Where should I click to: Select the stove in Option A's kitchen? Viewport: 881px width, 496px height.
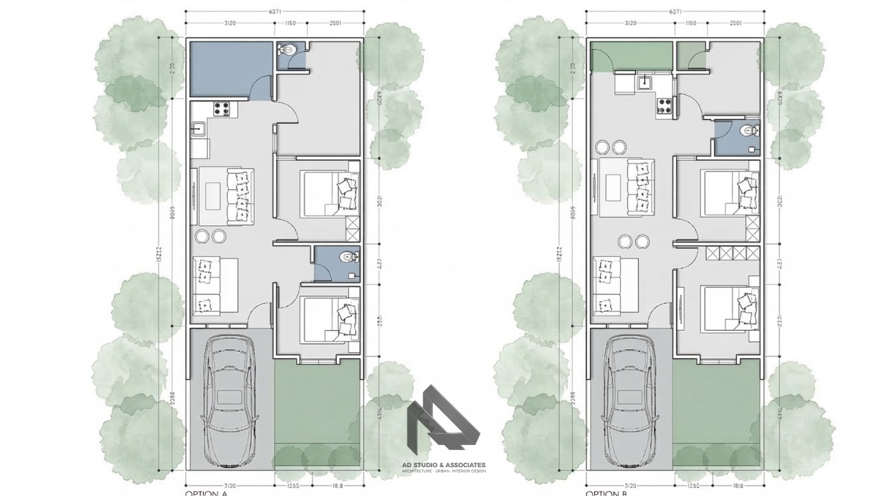coord(222,108)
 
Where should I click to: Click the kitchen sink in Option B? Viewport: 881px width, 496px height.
coord(646,83)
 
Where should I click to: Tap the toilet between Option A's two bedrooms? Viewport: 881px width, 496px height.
coord(348,258)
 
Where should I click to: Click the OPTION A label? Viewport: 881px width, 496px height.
coord(207,493)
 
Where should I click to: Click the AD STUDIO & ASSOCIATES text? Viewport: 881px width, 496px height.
coord(444,465)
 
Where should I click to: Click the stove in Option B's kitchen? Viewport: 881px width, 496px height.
coord(666,105)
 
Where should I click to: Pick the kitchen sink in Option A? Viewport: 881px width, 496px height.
coord(199,128)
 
